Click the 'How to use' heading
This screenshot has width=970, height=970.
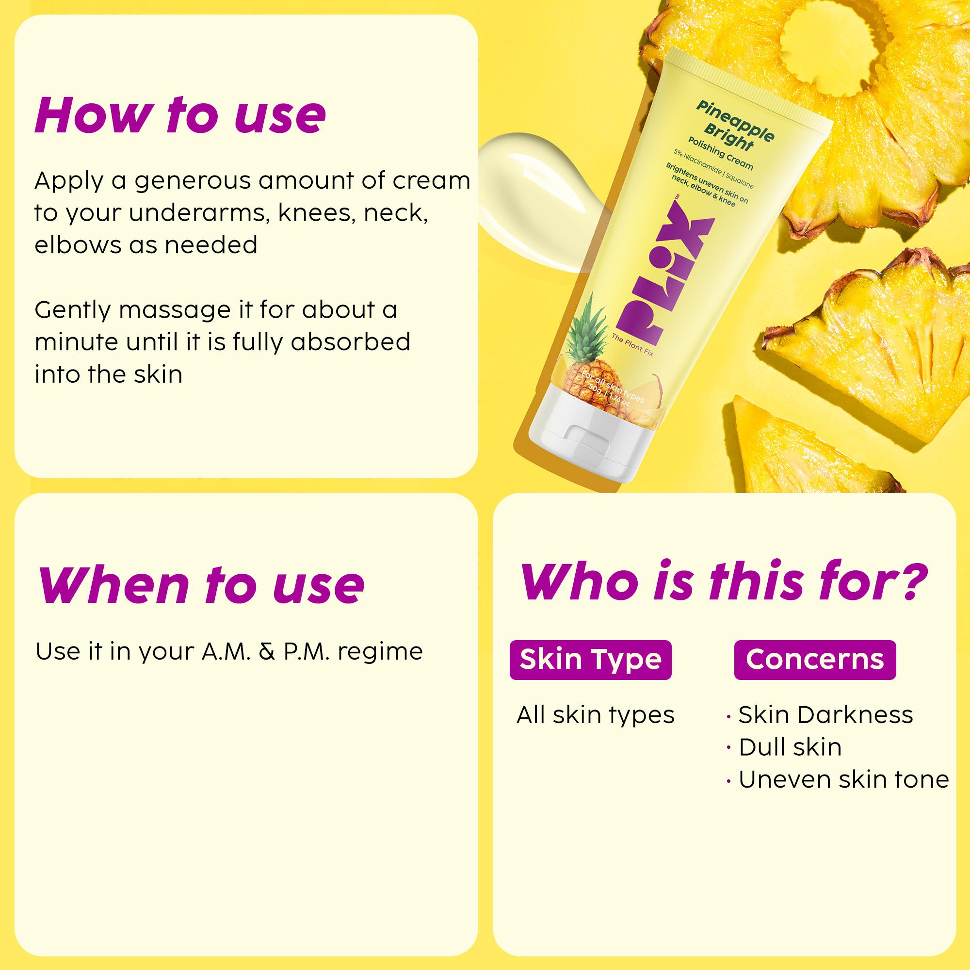pyautogui.click(x=180, y=115)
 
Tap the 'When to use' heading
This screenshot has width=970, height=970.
pyautogui.click(x=200, y=584)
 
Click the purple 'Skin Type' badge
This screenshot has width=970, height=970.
pyautogui.click(x=590, y=660)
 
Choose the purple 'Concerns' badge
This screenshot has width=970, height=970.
pyautogui.click(x=815, y=660)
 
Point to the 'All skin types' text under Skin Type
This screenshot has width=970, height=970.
pyautogui.click(x=596, y=715)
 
